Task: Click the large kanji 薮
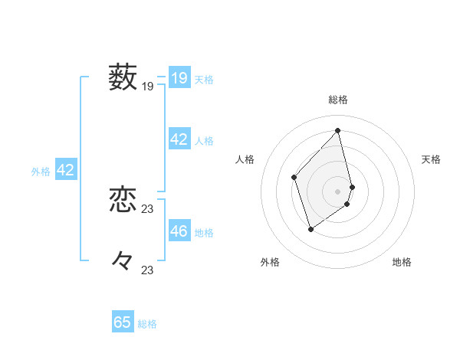[123, 77]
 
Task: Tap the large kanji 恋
[123, 200]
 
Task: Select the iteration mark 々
[123, 260]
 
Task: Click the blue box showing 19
[179, 78]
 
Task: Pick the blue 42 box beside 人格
[179, 139]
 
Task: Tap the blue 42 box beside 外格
[65, 170]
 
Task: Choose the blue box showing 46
[179, 231]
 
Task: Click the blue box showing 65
[123, 322]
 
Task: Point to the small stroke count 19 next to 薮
[148, 87]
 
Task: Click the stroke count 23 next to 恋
[148, 209]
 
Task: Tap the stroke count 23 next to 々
[148, 270]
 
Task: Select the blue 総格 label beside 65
[147, 324]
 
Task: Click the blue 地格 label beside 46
[204, 233]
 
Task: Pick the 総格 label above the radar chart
[338, 100]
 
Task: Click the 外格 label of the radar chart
[270, 262]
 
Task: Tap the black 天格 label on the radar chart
[432, 159]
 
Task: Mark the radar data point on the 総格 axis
[338, 130]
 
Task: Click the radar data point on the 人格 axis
[294, 177]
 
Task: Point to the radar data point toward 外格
[310, 228]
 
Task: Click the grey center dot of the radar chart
[338, 191]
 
